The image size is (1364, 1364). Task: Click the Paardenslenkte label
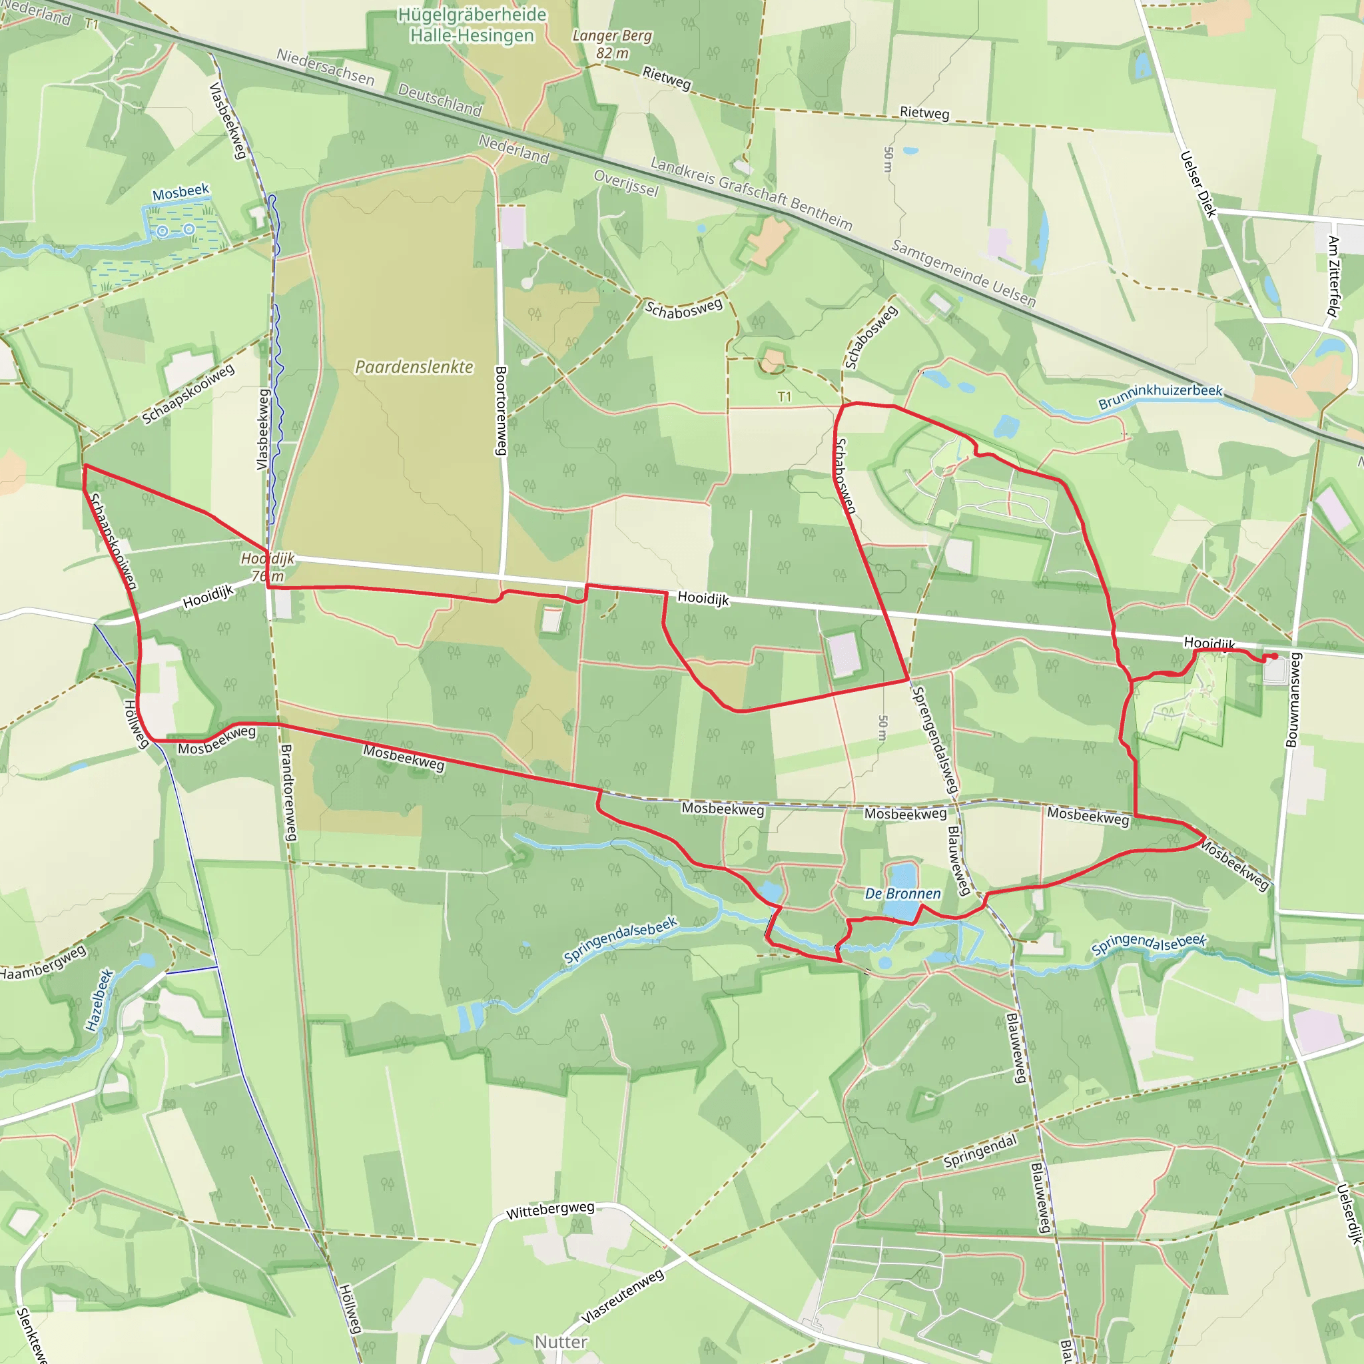[x=414, y=367]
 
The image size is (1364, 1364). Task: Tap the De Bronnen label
[x=903, y=894]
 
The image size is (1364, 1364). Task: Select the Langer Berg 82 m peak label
[x=612, y=44]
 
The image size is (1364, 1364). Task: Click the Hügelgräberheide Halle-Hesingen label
[x=472, y=25]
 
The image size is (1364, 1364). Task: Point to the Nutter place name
[x=561, y=1341]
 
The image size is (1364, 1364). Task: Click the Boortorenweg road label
[x=501, y=410]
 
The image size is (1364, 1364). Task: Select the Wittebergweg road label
[x=550, y=1210]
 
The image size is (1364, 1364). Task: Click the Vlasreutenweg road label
[x=622, y=1296]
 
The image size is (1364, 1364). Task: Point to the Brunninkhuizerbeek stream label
[x=1160, y=397]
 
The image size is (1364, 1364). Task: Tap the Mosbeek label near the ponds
[x=180, y=192]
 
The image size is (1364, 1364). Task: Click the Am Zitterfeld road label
[x=1333, y=277]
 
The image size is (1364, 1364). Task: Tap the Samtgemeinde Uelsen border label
[x=964, y=273]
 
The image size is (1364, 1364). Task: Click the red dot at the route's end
[x=1274, y=657]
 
